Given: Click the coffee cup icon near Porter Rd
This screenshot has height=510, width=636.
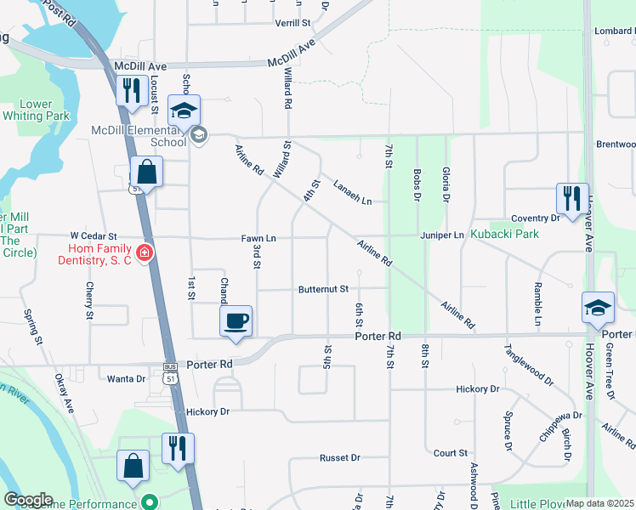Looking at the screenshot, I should [236, 321].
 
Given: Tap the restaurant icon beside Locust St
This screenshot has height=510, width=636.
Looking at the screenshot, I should [130, 91].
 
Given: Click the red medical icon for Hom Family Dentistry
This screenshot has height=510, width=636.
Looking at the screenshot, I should [144, 252].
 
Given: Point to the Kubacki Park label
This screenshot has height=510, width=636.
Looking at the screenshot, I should [509, 234].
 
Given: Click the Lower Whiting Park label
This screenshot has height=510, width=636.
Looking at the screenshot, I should [44, 110].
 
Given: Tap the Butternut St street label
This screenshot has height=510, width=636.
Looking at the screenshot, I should [323, 289].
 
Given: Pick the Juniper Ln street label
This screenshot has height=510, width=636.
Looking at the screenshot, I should [441, 235].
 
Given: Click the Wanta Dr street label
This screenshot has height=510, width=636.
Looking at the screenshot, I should [126, 378].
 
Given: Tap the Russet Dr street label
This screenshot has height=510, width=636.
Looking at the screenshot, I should [340, 457].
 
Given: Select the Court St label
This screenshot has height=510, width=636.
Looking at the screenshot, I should [451, 454].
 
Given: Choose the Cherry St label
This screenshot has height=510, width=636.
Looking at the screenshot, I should [89, 301].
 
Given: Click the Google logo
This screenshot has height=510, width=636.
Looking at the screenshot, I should [28, 500].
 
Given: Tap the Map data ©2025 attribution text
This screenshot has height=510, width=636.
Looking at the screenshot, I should [599, 503].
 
